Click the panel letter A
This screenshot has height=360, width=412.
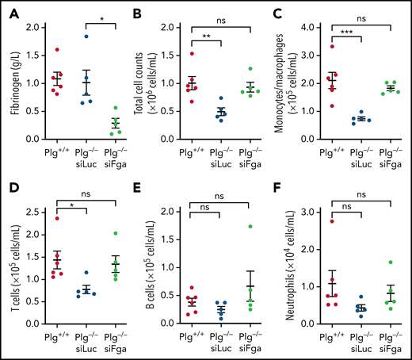[x=9, y=12]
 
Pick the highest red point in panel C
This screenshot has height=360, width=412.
[x=331, y=47]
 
